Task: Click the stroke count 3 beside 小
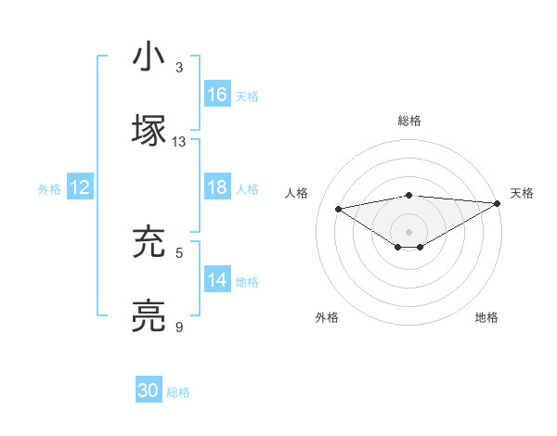pos(179,69)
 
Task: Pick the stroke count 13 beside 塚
pos(179,142)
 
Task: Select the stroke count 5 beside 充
pos(179,251)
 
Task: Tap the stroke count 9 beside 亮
pos(179,327)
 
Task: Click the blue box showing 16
pos(217,95)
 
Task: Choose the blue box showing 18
pos(217,187)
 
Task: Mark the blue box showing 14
pos(217,280)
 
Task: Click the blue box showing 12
pos(80,187)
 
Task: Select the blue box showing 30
pos(149,391)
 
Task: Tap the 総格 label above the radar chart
pos(409,121)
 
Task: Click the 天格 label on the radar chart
pos(522,193)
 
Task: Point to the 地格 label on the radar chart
pos(486,317)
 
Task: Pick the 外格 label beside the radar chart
pos(327,317)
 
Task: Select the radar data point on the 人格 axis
pos(338,208)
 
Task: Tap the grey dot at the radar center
pos(409,231)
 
